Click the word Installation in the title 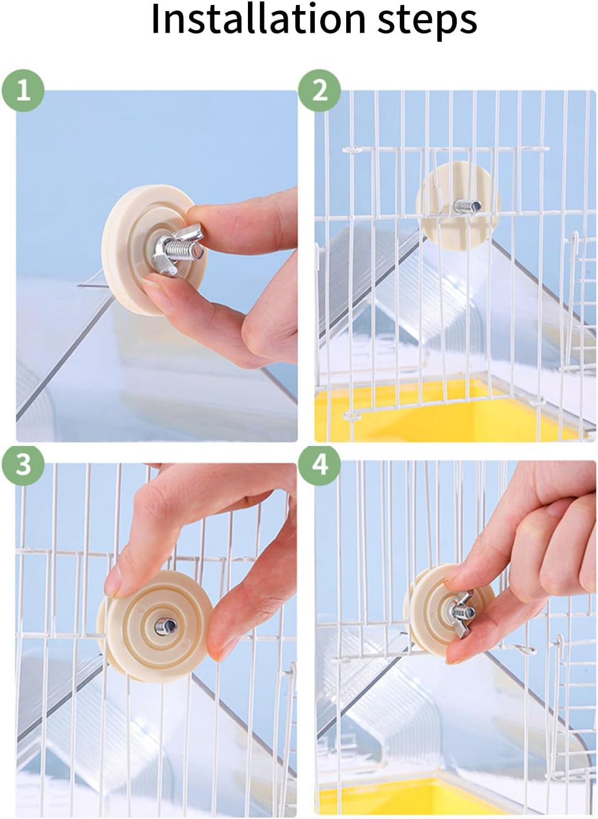click(258, 18)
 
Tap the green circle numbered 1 click(23, 90)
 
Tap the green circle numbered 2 click(320, 90)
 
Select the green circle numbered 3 click(23, 465)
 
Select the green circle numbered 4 click(320, 465)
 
